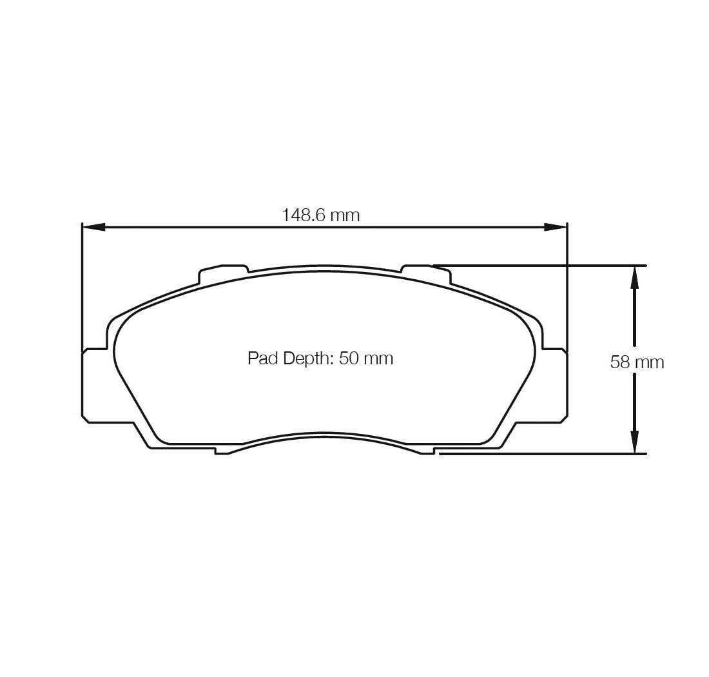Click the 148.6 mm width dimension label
coord(321,215)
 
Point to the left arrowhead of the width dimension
coord(93,227)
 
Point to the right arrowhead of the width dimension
coord(555,227)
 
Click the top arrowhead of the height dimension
coord(634,277)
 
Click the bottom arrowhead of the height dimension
coord(634,441)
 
